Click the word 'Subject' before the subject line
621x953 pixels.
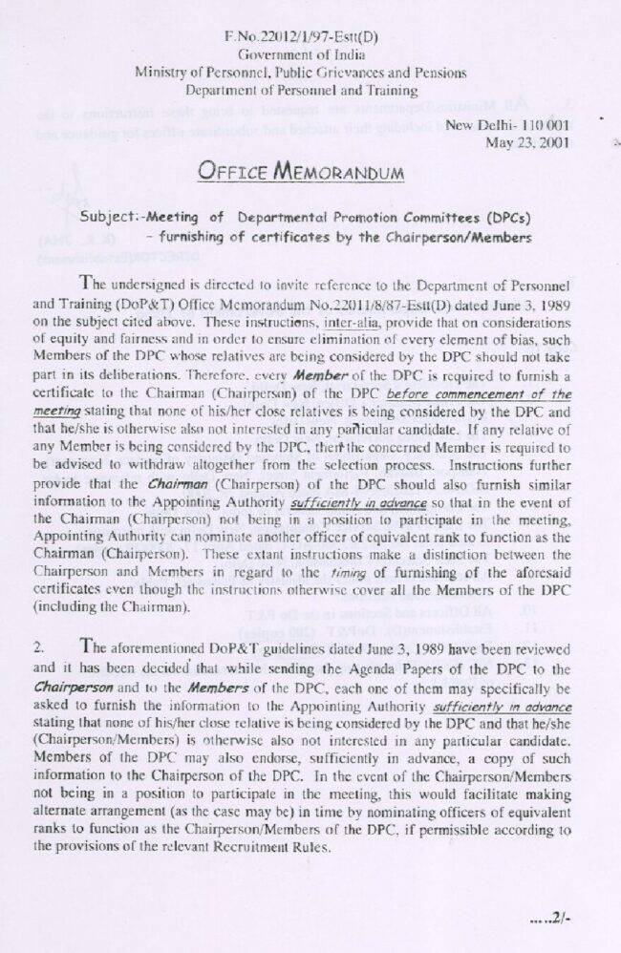point(109,216)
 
